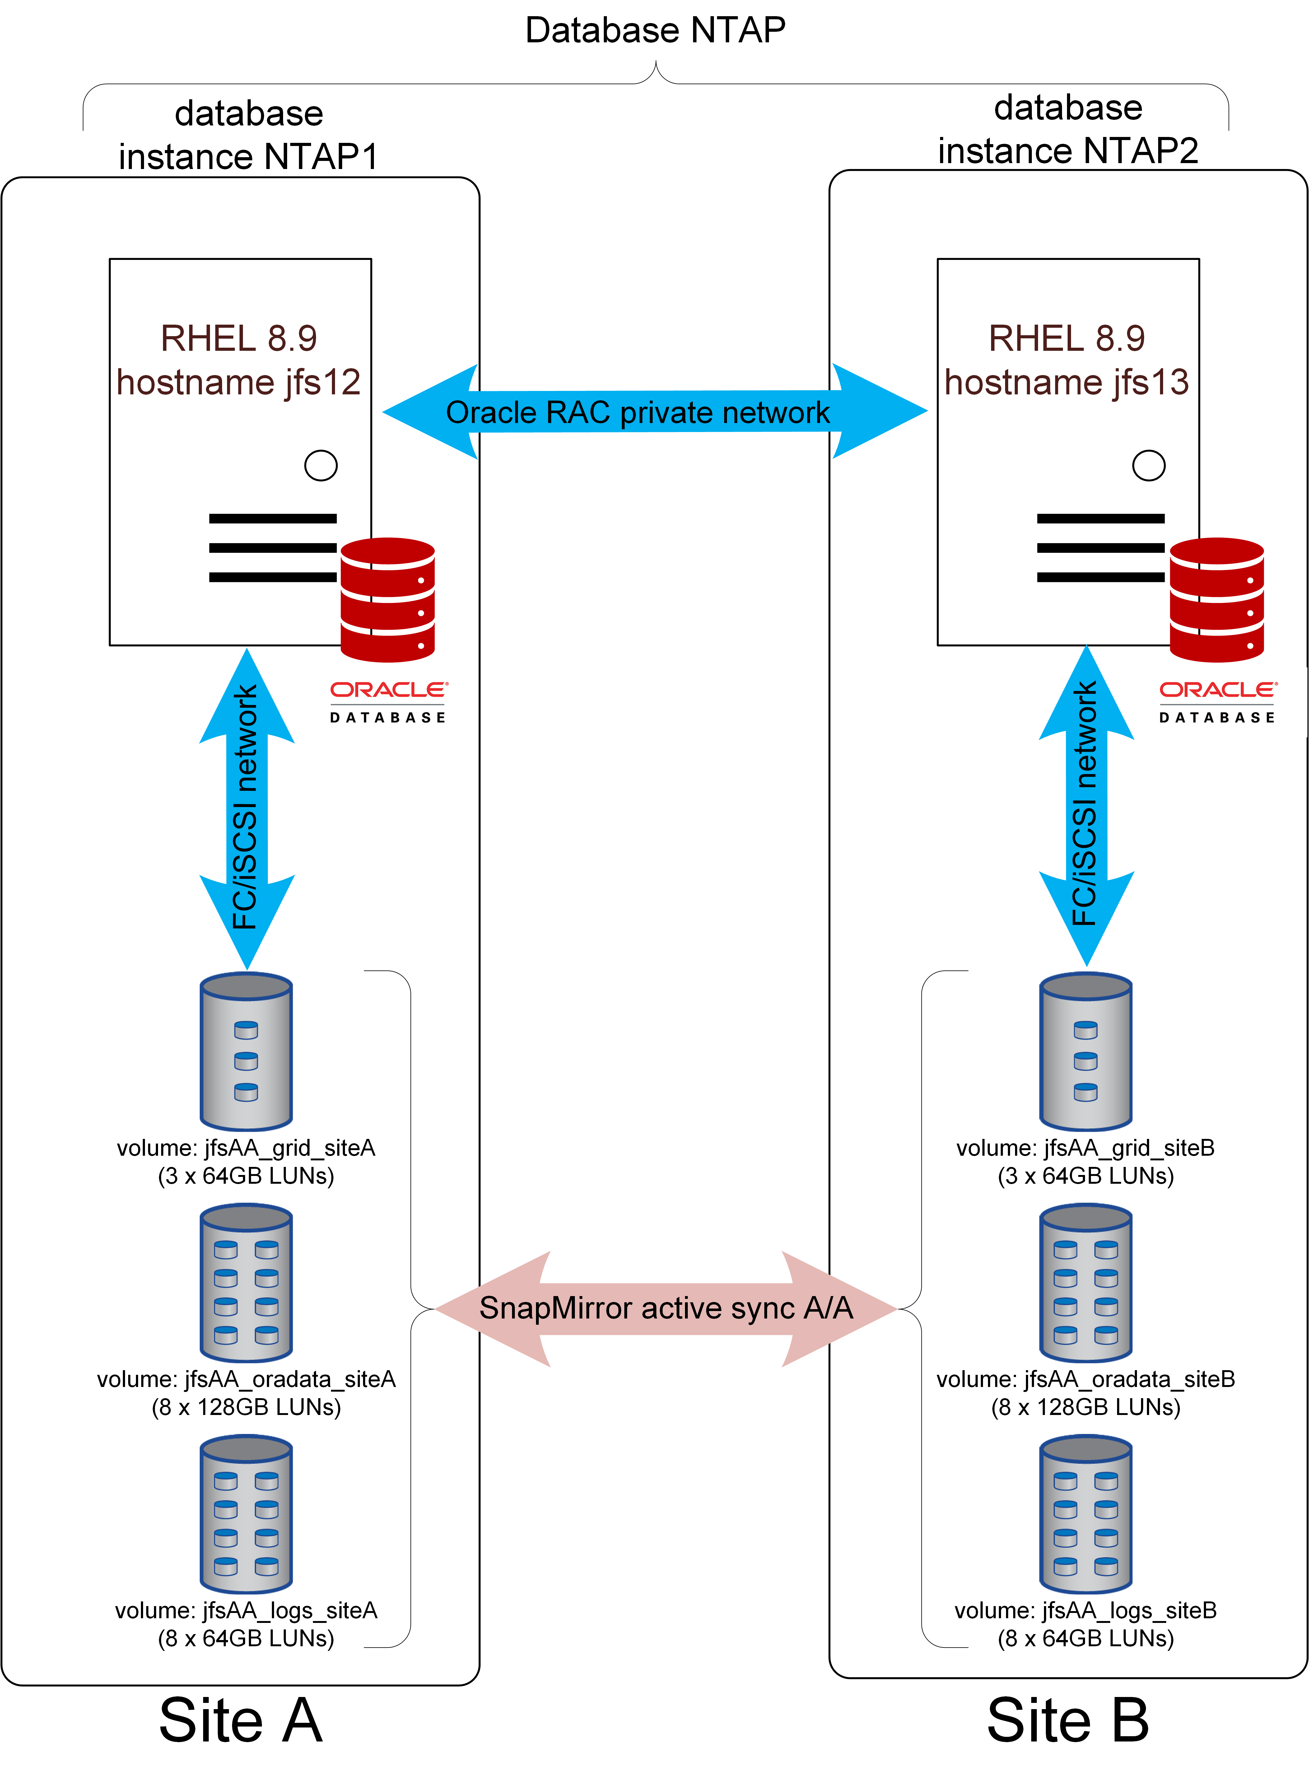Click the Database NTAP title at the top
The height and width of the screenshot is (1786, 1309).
click(x=655, y=30)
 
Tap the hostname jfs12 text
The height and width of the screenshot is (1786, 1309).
click(x=239, y=382)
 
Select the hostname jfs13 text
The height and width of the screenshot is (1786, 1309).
click(x=1067, y=382)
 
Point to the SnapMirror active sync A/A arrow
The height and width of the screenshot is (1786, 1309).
click(x=666, y=1308)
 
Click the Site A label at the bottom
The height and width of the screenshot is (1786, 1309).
click(x=241, y=1720)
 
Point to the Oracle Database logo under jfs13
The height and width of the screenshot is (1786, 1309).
click(x=1217, y=702)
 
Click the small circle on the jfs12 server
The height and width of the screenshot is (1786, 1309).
click(x=321, y=465)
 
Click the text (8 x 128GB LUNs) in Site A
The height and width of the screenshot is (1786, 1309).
click(x=246, y=1407)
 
